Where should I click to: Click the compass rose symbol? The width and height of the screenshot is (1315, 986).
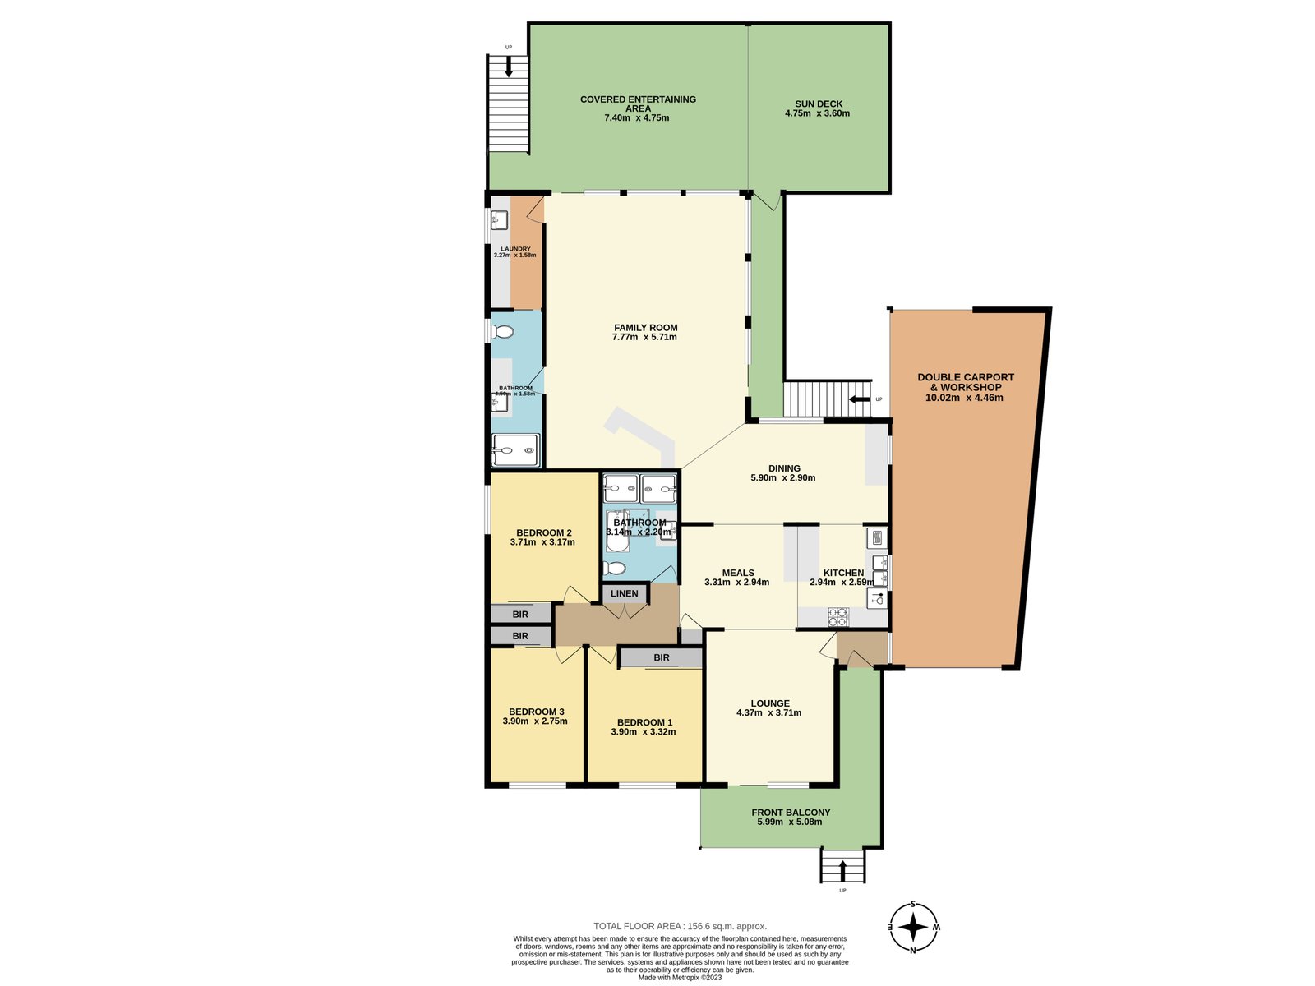tap(913, 928)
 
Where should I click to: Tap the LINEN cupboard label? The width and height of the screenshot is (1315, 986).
tap(625, 593)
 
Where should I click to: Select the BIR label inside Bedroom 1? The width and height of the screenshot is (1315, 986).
tap(662, 657)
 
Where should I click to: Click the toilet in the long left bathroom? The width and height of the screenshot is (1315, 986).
tap(502, 332)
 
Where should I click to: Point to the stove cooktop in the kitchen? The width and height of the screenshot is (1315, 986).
tap(837, 616)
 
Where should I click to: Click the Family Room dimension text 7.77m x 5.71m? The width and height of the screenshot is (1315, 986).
tap(644, 337)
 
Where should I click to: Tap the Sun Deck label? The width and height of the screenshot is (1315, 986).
tap(819, 104)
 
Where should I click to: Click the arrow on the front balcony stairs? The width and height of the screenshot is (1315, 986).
tap(842, 870)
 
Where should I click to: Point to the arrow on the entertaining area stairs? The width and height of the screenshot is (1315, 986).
tap(509, 67)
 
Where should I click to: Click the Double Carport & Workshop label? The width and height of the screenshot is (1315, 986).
tap(966, 382)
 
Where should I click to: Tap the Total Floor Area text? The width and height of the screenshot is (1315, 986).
tap(680, 926)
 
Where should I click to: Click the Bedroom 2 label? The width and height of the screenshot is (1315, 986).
tap(543, 532)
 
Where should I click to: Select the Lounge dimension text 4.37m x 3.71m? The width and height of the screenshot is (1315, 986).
tap(768, 712)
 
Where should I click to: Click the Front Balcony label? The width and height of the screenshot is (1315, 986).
tap(791, 812)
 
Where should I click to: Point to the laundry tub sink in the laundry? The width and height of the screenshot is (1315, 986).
tap(499, 220)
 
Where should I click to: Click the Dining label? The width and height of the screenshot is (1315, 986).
tap(784, 468)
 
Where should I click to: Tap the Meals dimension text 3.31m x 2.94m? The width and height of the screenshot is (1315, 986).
tap(736, 582)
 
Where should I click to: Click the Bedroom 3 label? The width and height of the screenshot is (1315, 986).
tap(536, 712)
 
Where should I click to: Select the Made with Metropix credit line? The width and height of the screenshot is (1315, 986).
tap(680, 977)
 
